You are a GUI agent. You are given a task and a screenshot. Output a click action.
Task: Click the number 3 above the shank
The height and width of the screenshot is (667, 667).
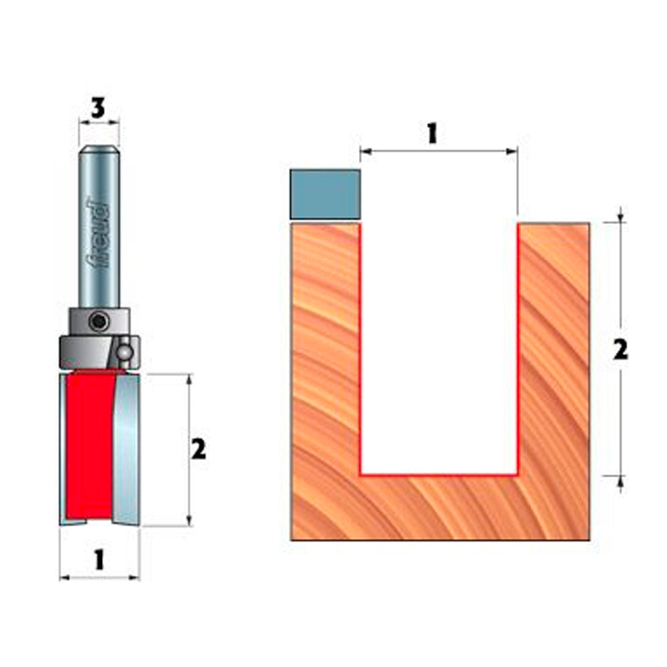99,109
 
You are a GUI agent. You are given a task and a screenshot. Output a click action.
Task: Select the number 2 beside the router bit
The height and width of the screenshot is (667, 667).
198,451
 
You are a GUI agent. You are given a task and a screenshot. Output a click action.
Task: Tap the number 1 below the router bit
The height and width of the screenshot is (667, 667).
99,559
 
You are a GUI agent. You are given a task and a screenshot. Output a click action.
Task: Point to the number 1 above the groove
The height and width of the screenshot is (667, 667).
432,133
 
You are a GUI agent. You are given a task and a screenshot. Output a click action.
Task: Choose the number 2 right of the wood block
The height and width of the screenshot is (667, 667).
620,350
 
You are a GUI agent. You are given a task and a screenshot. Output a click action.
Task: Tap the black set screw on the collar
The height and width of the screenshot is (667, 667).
99,322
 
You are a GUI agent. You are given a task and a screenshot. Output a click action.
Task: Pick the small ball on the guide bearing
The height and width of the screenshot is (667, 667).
124,351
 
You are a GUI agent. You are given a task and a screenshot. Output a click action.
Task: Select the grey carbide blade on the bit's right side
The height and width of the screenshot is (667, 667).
127,447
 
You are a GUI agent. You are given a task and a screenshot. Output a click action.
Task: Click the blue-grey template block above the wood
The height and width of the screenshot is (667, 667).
325,194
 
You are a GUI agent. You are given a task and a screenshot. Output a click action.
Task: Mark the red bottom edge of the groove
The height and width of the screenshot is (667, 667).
439,476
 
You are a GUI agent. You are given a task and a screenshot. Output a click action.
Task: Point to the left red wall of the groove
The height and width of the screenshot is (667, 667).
360,347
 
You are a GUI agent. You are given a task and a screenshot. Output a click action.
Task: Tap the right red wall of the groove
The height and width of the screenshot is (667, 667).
518,347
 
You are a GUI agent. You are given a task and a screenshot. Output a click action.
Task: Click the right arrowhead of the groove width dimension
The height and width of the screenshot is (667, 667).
514,151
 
